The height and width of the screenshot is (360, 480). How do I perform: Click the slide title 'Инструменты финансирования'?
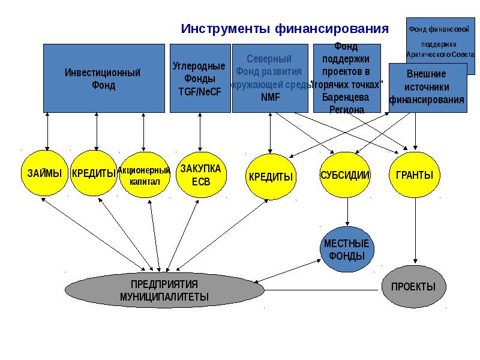[x=285, y=29]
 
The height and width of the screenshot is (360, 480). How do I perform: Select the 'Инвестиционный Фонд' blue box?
[x=103, y=78]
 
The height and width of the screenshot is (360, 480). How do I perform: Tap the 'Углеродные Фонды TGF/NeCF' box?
[x=200, y=78]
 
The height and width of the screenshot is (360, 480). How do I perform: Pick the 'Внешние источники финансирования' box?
[x=427, y=87]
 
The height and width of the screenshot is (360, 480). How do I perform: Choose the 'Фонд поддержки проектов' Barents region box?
[x=347, y=78]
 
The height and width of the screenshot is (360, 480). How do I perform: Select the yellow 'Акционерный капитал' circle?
[x=143, y=175]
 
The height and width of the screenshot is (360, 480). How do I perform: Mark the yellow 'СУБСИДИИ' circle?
[x=344, y=175]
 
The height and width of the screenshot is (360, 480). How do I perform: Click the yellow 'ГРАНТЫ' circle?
[x=415, y=175]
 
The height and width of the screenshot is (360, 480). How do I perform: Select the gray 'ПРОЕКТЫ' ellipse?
[x=413, y=287]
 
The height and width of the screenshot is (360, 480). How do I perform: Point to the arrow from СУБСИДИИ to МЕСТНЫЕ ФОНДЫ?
[x=347, y=212]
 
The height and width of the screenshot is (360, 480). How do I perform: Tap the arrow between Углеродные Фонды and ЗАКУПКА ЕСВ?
[x=199, y=132]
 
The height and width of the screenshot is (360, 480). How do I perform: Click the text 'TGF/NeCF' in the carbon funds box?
[x=200, y=92]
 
